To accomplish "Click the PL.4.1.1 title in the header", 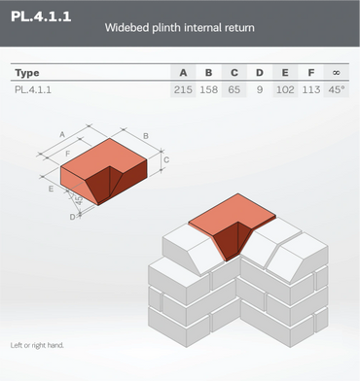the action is click(x=41, y=17).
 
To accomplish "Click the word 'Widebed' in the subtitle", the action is click(x=127, y=27).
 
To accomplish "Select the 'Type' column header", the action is click(x=27, y=73).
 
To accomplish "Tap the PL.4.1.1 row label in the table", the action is click(x=33, y=89).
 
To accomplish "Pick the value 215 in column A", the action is click(x=183, y=89).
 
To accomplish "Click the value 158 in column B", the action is click(x=209, y=89).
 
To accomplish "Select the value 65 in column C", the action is click(x=234, y=89).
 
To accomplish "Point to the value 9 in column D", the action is click(x=260, y=89).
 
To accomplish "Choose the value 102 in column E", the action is click(x=285, y=89).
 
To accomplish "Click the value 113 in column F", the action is click(x=311, y=89).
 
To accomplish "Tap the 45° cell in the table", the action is click(x=337, y=89).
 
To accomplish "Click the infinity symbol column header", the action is click(x=337, y=73).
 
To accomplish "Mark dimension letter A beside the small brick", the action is click(x=62, y=134).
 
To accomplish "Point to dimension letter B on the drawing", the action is click(x=146, y=136).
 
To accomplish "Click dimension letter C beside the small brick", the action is click(x=166, y=159).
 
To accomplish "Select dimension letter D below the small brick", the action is click(x=72, y=217).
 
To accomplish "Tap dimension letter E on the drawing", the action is click(x=51, y=189).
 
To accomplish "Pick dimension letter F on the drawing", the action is click(x=68, y=154).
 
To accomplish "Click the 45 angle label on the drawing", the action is click(x=79, y=200).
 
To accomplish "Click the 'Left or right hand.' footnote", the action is click(x=37, y=345).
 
